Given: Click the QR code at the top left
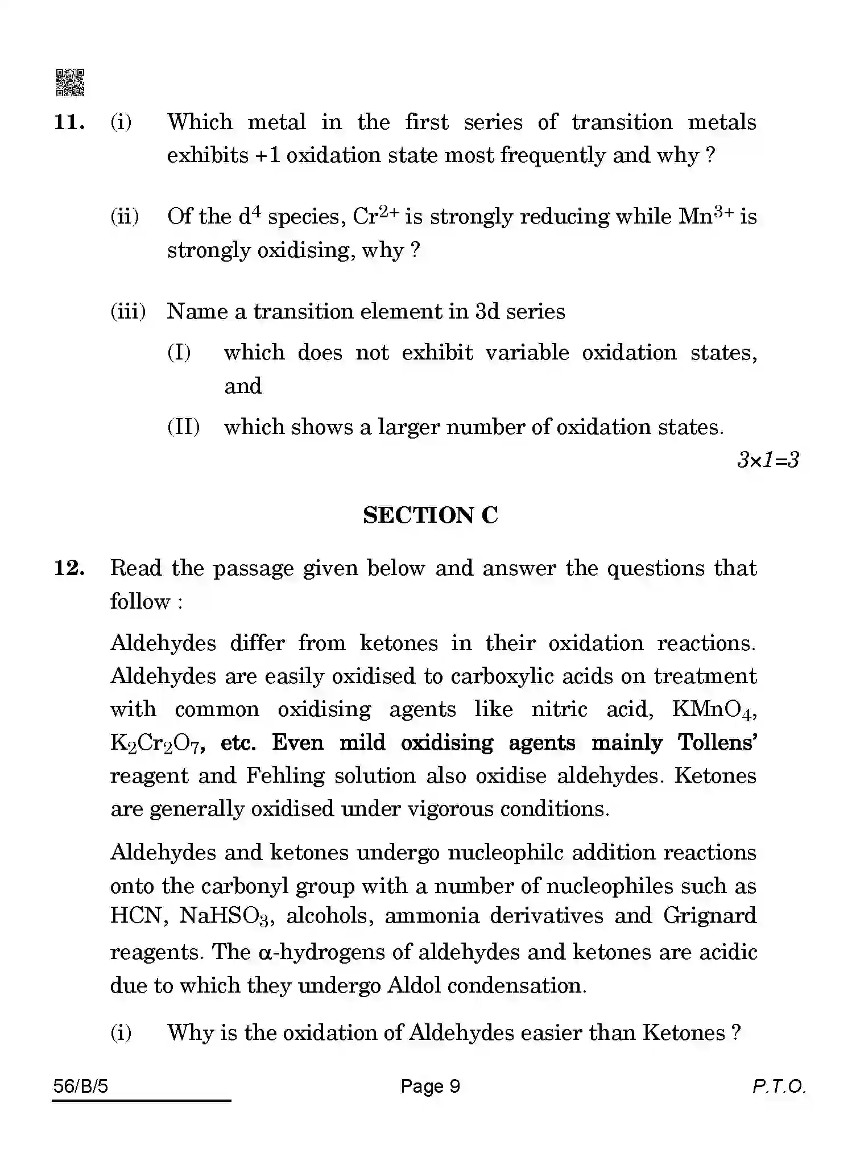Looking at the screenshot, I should (x=70, y=82).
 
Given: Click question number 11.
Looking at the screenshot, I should (x=69, y=122).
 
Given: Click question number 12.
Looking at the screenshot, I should (x=69, y=568).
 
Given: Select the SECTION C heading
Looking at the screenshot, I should (x=431, y=515).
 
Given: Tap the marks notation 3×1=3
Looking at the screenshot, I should (x=768, y=460).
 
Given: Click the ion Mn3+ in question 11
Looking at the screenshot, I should (x=706, y=216).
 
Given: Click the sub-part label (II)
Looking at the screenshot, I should (x=183, y=427).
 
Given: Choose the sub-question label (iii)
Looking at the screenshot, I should (x=128, y=312).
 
